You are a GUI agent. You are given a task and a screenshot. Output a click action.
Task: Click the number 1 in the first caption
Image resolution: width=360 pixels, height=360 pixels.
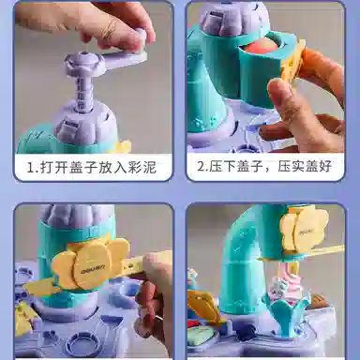pyautogui.click(x=30, y=168)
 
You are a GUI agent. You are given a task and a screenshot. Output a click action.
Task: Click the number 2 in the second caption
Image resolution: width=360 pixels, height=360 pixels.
pyautogui.click(x=201, y=166)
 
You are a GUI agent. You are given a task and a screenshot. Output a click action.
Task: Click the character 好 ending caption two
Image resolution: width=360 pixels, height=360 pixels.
pyautogui.click(x=325, y=166)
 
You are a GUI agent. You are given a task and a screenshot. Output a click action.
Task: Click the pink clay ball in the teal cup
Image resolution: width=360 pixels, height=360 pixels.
pyautogui.click(x=260, y=48)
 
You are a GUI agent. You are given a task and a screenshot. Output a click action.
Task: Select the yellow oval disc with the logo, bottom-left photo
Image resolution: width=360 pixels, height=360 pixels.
pyautogui.click(x=91, y=264)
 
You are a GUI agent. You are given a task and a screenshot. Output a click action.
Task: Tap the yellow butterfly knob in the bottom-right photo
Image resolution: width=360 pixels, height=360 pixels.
pyautogui.click(x=303, y=229)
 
